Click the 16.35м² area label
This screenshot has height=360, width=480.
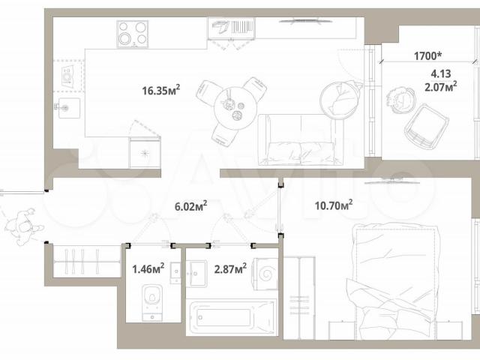[161, 90]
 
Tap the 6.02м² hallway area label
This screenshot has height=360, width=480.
[190, 206]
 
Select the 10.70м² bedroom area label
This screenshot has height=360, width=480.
[334, 205]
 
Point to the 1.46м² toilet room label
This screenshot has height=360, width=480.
[148, 268]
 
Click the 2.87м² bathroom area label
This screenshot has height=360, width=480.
[230, 268]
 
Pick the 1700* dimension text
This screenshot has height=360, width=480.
[428, 56]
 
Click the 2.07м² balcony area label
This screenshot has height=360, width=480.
[441, 87]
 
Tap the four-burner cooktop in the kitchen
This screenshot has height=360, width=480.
[133, 34]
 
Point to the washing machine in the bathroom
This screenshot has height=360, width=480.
[265, 274]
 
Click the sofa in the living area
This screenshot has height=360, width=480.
[300, 140]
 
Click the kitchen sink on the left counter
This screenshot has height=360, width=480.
[69, 108]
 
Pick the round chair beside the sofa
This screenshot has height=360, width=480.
[340, 100]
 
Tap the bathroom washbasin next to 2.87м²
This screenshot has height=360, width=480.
[196, 273]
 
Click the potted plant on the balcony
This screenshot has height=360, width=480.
[400, 100]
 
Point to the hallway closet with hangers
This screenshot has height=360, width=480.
[87, 261]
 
